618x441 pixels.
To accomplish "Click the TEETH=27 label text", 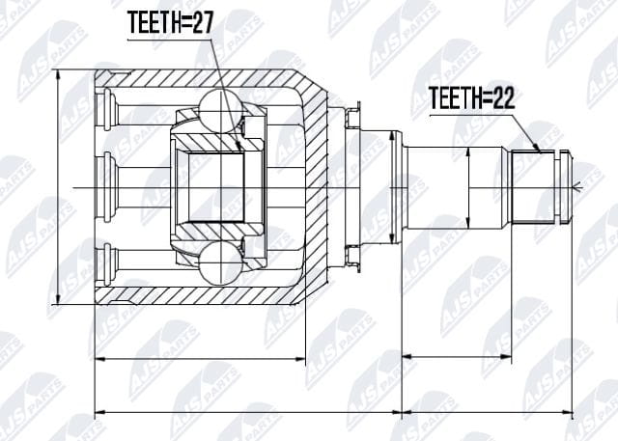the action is tap(170, 23).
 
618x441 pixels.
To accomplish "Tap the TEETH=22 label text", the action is tap(471, 98).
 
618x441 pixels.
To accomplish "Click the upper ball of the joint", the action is tap(220, 111).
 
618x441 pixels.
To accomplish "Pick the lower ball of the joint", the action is tap(220, 263).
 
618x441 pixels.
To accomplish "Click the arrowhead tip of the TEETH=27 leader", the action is tap(240, 151).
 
